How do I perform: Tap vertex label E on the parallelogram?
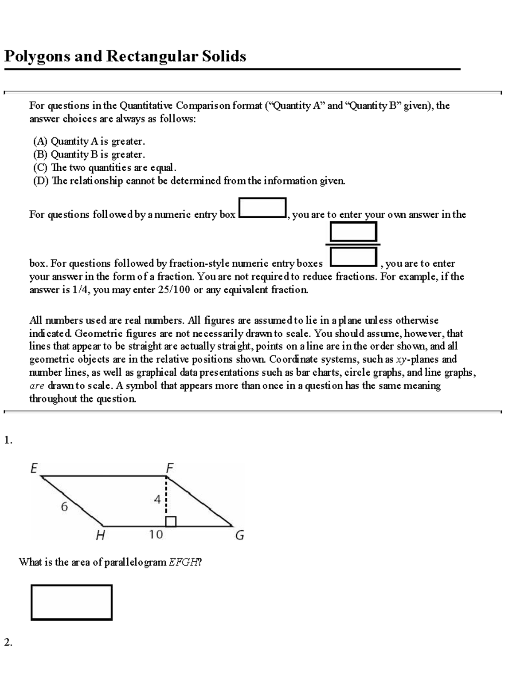pos(34,468)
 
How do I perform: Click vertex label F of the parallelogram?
pos(169,468)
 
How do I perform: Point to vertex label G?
pos(239,535)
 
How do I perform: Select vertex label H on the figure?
pos(101,536)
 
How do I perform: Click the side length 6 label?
pos(64,507)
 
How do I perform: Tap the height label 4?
pos(157,499)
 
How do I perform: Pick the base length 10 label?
pos(156,535)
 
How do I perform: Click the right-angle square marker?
pos(171,522)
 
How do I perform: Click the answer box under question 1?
pos(71,602)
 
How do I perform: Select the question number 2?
pos(8,642)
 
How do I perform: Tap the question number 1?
pos(8,440)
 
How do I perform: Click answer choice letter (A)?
pos(40,142)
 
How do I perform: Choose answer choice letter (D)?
pos(40,181)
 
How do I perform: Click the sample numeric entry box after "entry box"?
pos(262,208)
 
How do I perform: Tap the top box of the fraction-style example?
pos(353,232)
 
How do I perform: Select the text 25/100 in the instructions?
pos(174,290)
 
